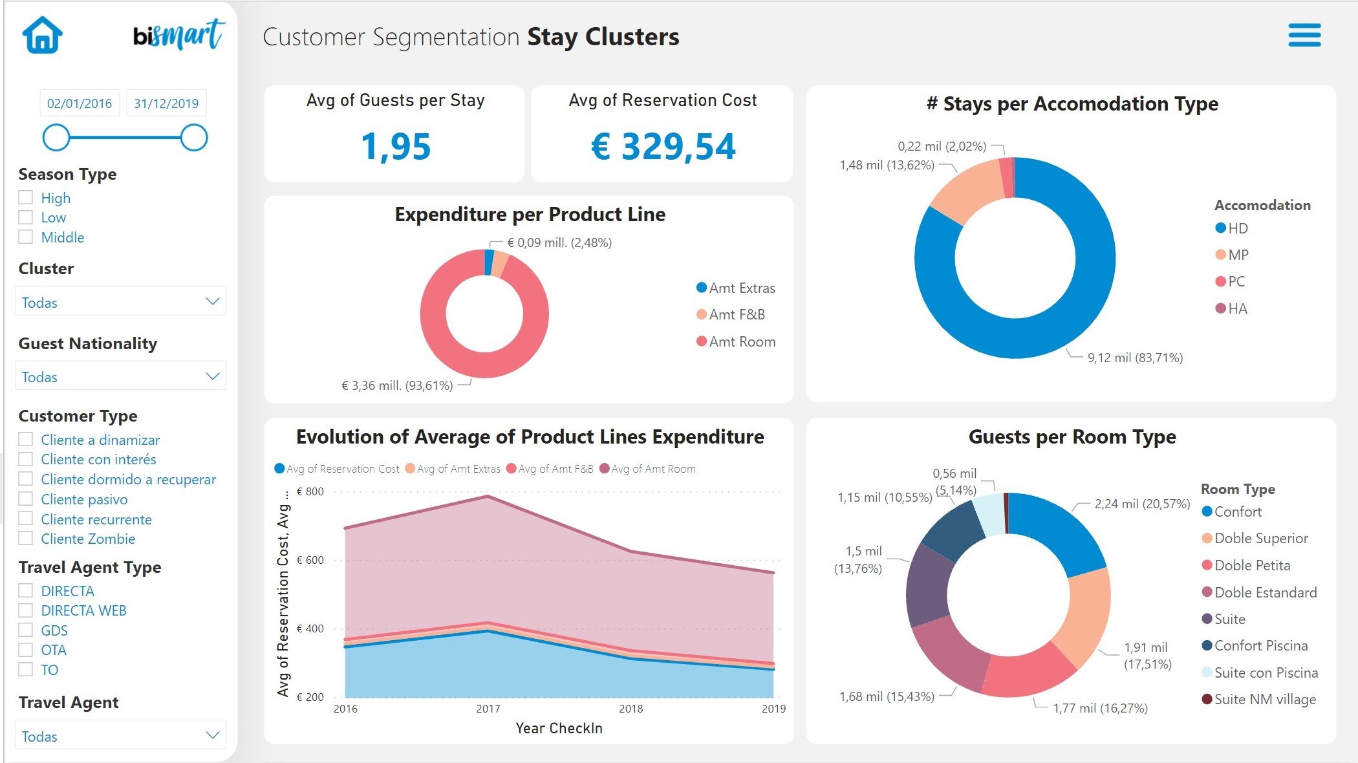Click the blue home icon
coord(43,35)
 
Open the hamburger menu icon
coord(1304,36)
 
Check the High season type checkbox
coord(26,197)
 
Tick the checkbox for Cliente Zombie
coord(26,538)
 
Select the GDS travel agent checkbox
coord(26,630)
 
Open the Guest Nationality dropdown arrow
coord(212,376)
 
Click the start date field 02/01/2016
coord(80,103)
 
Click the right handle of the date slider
coord(193,138)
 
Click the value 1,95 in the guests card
coord(396,147)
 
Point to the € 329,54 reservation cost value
coord(663,147)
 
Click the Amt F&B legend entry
coord(736,315)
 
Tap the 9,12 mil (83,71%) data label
coord(1134,358)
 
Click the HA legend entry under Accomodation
coord(1236,308)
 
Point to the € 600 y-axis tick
coord(310,560)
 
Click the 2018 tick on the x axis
coord(630,709)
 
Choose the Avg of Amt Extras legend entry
coord(458,469)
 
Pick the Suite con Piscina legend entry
coord(1265,672)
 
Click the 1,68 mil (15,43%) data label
coord(887,696)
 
